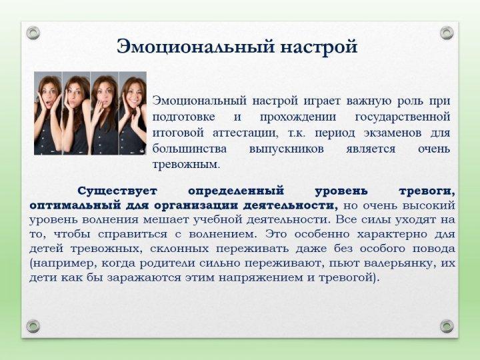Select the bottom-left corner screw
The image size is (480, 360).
coord(33,326)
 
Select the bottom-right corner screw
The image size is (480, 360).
coord(447,326)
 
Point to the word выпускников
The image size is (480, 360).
coord(286,147)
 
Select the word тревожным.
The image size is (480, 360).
coord(185,163)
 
